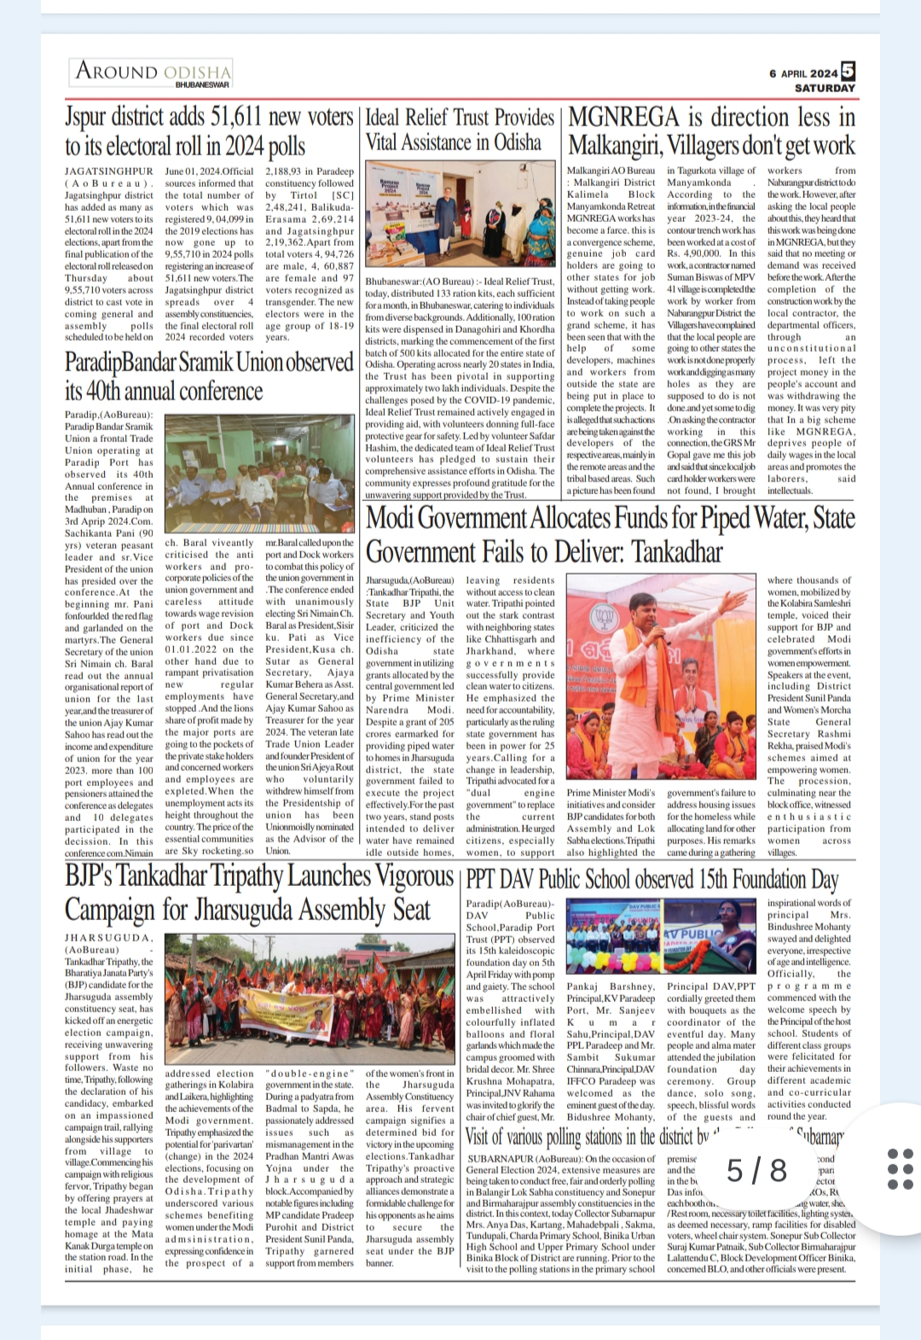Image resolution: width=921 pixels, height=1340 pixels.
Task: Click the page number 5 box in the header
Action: (848, 71)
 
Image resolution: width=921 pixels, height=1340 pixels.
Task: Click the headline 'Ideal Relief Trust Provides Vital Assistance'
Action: (460, 130)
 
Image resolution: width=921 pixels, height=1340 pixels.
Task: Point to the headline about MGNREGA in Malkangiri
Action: (711, 130)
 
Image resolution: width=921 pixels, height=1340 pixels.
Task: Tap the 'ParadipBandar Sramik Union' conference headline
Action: (209, 376)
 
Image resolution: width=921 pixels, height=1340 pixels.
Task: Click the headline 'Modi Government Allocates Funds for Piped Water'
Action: (610, 534)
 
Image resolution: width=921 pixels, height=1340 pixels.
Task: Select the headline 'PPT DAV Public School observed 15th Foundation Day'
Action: (652, 879)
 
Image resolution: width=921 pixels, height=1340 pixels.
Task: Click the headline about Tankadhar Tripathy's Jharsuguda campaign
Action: (259, 892)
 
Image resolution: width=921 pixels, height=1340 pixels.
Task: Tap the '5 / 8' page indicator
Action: (757, 1169)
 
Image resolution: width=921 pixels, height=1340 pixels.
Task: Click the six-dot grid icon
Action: (901, 1168)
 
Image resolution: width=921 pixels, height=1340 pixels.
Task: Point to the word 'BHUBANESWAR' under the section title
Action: (202, 84)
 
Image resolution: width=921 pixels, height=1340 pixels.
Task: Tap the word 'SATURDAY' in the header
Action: (824, 88)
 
